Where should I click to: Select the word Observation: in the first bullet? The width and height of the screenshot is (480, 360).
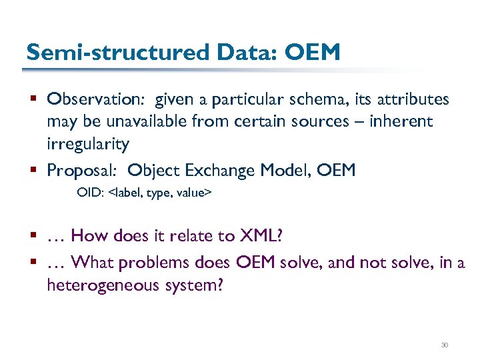click(97, 100)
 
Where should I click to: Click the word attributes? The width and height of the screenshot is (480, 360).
click(416, 100)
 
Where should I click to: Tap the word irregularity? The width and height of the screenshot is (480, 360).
click(88, 144)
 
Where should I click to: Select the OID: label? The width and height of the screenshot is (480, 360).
click(91, 193)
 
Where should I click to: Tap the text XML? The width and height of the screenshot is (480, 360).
click(262, 235)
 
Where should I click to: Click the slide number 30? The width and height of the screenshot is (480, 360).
click(445, 345)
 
